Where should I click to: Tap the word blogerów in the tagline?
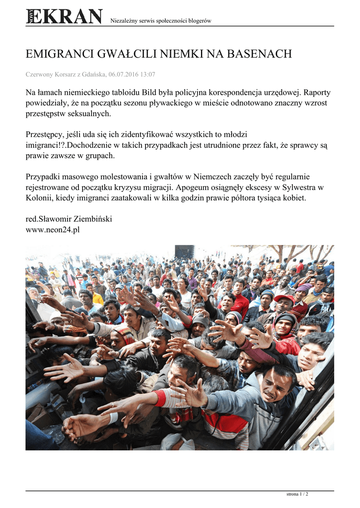[199, 21]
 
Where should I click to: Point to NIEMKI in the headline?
[180, 54]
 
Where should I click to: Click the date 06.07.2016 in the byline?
[124, 74]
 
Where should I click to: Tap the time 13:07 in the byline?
[148, 74]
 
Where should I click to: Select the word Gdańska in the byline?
[91, 74]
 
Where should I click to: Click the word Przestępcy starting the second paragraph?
[46, 135]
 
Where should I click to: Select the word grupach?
[99, 156]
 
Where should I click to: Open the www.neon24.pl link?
[53, 230]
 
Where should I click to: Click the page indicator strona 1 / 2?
[297, 494]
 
